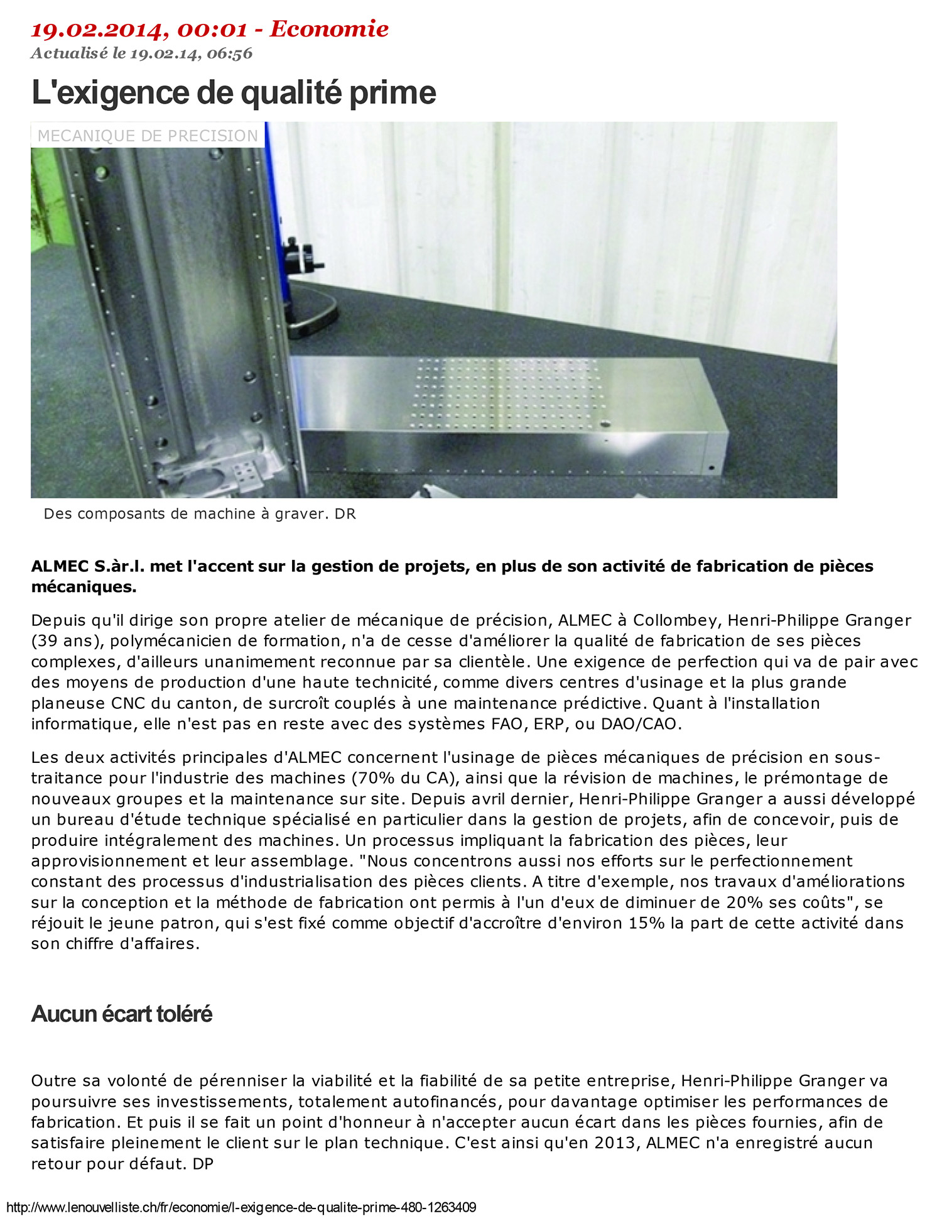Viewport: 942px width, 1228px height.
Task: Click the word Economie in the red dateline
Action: click(329, 29)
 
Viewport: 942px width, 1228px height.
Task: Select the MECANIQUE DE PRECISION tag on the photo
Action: click(148, 135)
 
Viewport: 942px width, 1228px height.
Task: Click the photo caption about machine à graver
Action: click(200, 514)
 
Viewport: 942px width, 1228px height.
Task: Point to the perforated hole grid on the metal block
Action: click(509, 393)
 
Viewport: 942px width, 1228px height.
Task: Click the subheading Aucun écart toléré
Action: click(122, 1014)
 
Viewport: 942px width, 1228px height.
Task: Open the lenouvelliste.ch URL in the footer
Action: click(241, 1207)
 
